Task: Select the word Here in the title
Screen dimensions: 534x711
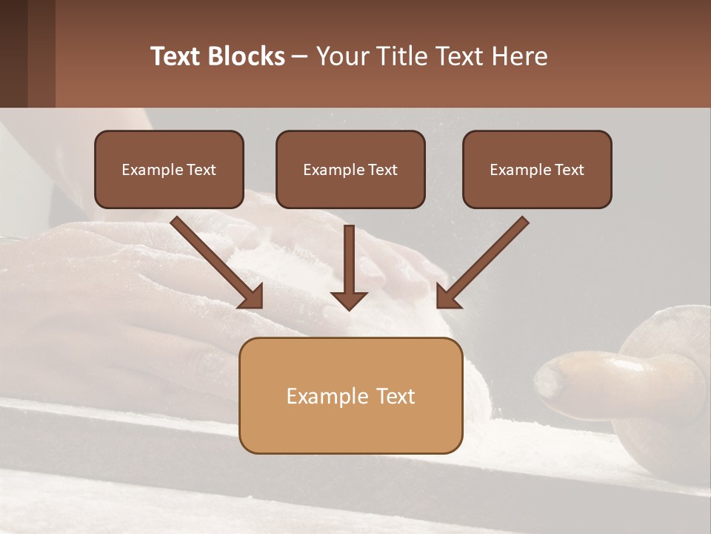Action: [518, 56]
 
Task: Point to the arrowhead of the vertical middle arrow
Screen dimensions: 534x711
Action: [350, 300]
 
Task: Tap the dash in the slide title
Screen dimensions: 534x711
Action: [300, 56]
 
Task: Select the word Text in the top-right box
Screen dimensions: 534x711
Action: [570, 170]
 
